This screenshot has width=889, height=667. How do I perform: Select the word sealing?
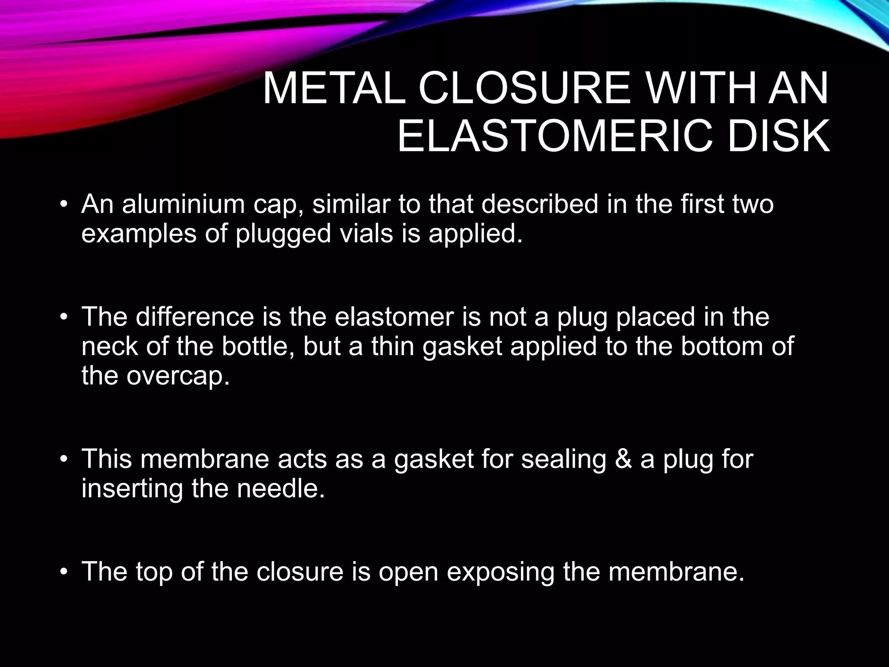coord(563,459)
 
